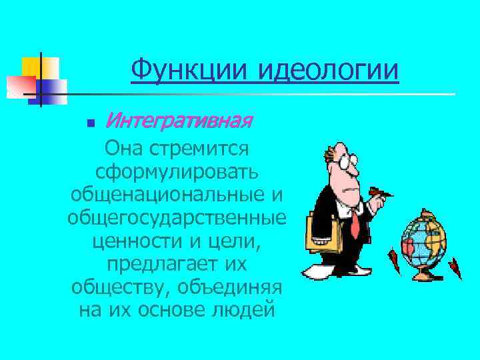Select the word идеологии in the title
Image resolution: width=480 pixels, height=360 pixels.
[327, 69]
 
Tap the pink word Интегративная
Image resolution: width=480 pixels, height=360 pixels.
[179, 121]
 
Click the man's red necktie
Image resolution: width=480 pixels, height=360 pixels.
[357, 220]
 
